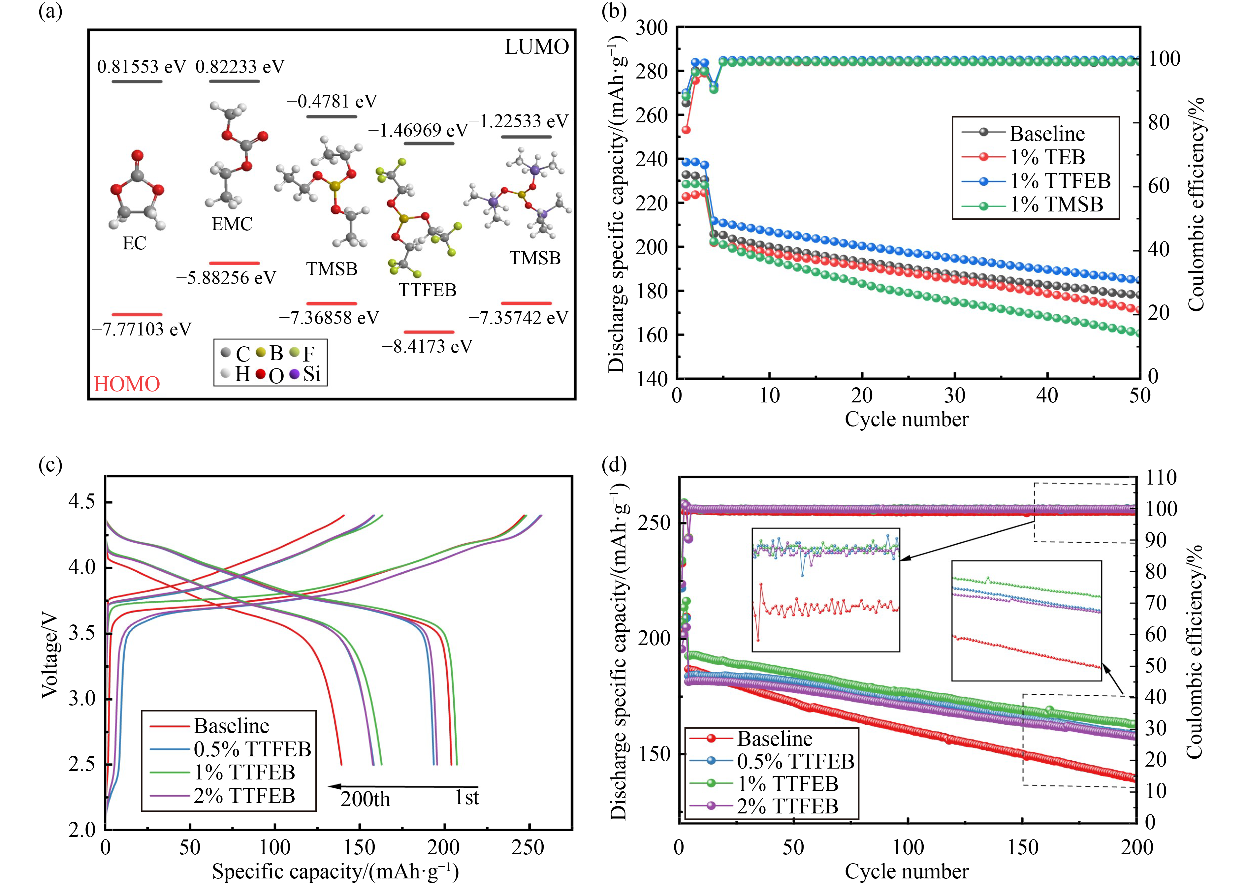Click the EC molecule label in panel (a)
point(134,243)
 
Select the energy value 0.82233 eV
point(240,67)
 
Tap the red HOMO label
point(127,384)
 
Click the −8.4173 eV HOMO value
point(427,347)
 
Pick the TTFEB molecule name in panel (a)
point(427,290)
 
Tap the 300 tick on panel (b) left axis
point(653,27)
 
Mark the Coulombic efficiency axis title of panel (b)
point(1196,205)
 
